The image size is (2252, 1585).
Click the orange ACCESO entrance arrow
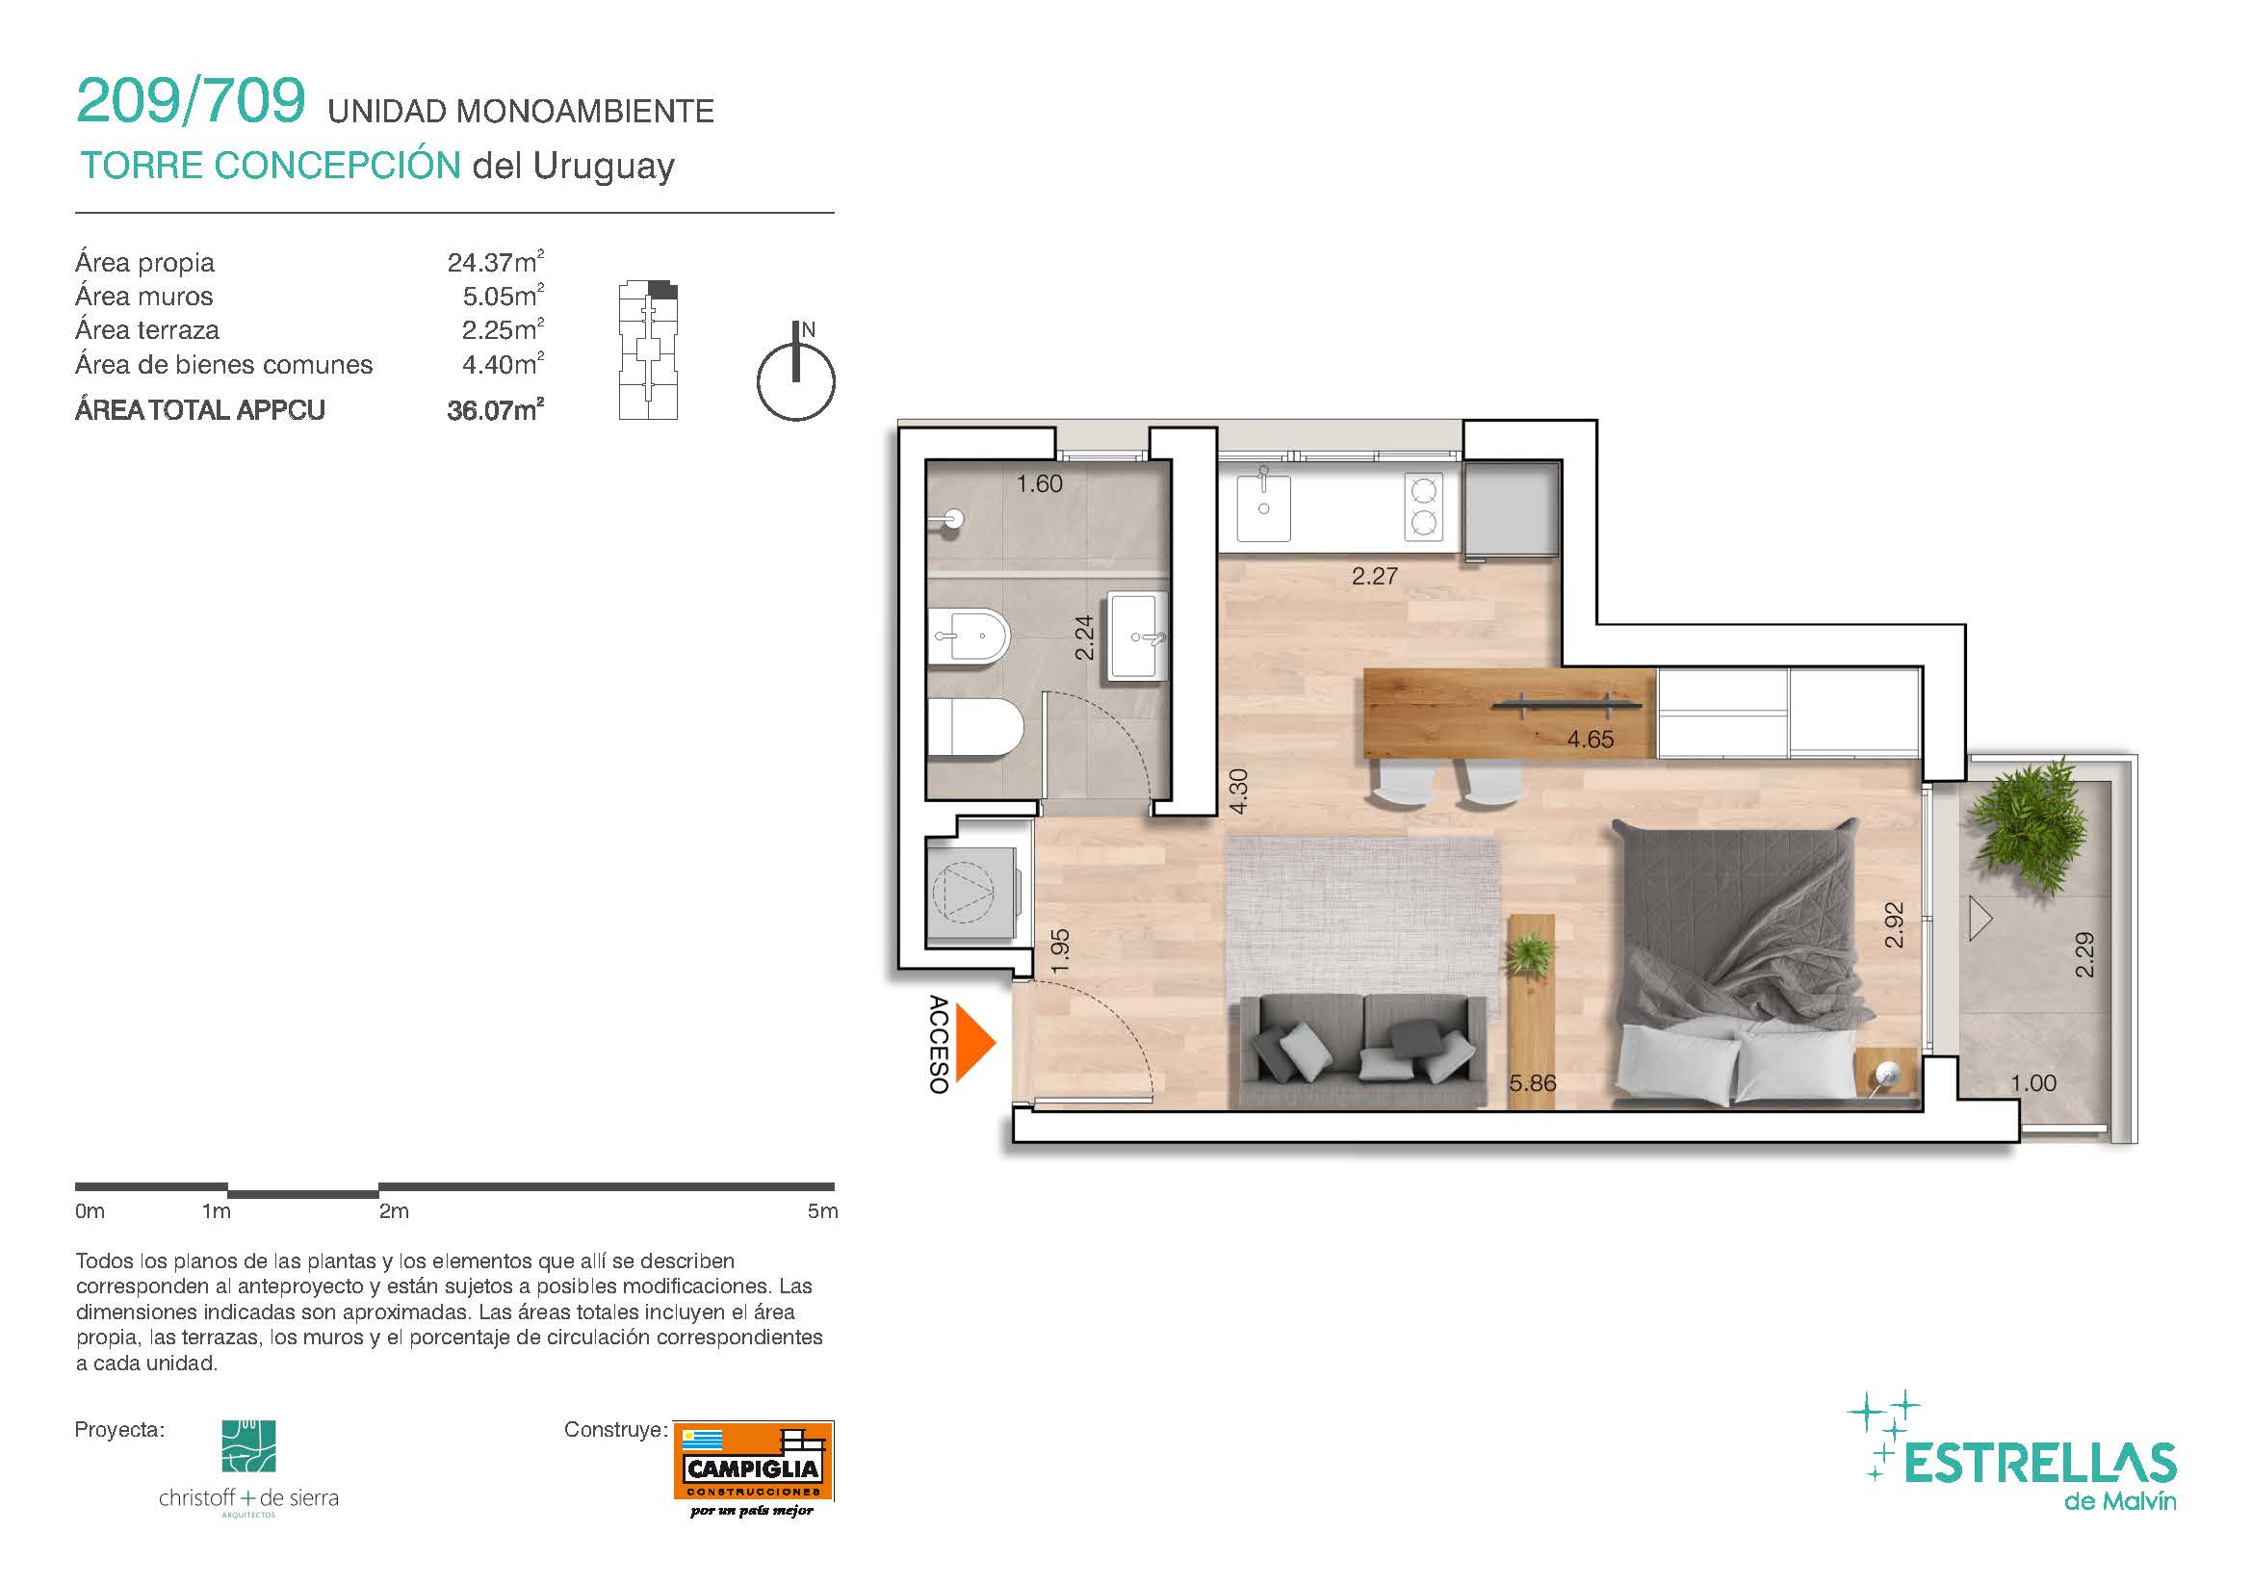(x=973, y=1044)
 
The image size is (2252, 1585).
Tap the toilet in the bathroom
(x=975, y=727)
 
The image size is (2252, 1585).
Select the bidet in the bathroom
(x=968, y=635)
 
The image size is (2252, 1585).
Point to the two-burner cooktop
(x=1423, y=507)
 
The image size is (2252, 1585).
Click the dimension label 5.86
(x=1533, y=1082)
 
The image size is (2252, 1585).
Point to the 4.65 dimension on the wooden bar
(x=1590, y=740)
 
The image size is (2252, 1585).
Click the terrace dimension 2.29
(x=2084, y=954)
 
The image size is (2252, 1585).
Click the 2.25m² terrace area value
(x=504, y=329)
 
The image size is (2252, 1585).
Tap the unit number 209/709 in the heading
(x=192, y=100)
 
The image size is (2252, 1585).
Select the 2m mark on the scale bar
(x=395, y=1211)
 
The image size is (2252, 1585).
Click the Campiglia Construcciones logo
(x=753, y=1468)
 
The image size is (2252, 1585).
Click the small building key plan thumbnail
(x=648, y=351)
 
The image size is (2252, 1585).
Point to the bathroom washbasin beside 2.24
(x=1139, y=636)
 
